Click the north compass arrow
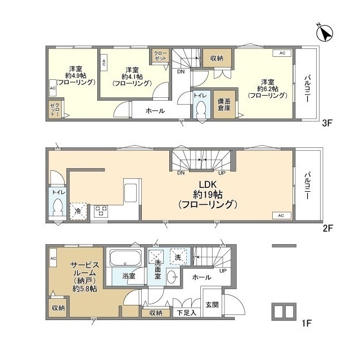[325, 33]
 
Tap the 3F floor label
[327, 123]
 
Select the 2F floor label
[327, 228]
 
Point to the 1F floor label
[306, 323]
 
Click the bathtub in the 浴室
[125, 258]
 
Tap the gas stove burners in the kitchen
[101, 211]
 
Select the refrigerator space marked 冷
[79, 211]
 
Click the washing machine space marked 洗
[178, 257]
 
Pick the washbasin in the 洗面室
[172, 277]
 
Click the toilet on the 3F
[201, 110]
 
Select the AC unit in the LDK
[281, 215]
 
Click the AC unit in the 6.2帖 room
[282, 53]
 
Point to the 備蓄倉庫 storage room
[224, 105]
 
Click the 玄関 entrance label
[212, 305]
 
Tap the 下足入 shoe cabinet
[186, 313]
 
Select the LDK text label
[208, 184]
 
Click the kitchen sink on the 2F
[130, 193]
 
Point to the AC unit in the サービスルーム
[53, 258]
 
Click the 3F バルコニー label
[307, 89]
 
